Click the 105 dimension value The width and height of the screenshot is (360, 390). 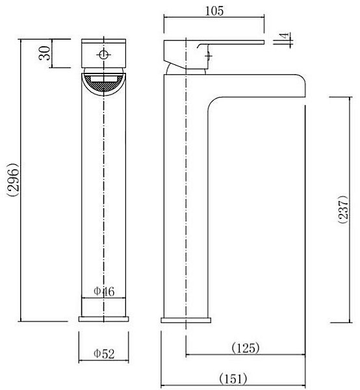coord(214,11)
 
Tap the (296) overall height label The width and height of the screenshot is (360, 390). coord(14,180)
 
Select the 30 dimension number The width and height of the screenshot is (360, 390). coord(45,53)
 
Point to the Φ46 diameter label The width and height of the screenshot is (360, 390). coord(104,291)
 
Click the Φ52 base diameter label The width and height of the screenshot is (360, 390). coord(104,354)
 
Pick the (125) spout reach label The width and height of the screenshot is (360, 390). coord(246,348)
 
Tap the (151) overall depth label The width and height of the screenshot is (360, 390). coord(233,379)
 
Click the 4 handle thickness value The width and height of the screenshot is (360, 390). coord(285,35)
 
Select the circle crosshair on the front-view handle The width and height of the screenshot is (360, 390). coord(104,55)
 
